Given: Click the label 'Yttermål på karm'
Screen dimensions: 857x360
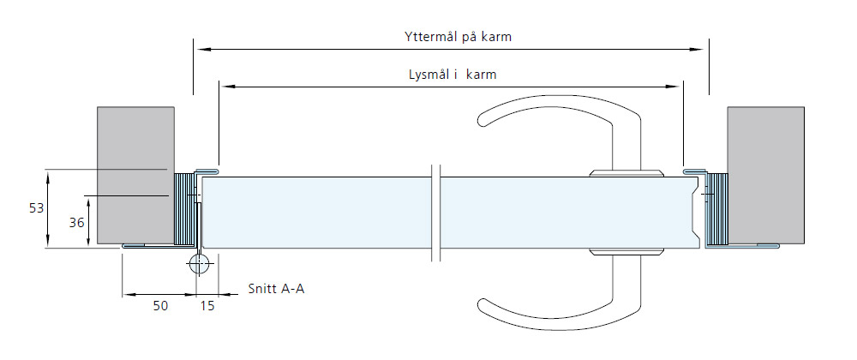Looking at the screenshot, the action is (458, 37).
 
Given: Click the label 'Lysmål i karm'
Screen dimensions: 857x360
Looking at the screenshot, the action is (452, 75).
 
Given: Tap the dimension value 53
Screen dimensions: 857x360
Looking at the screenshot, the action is (36, 208).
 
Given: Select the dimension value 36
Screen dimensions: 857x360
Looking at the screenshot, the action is (76, 222).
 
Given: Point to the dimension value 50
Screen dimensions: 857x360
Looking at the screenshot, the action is (160, 306).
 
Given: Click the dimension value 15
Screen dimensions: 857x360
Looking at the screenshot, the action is (207, 306).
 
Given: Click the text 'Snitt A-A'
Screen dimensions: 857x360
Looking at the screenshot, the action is (276, 289).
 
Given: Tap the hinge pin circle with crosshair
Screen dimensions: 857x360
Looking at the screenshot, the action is (199, 264).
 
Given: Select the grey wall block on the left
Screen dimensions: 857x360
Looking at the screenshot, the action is (135, 175).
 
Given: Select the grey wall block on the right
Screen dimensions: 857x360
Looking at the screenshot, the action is (765, 175).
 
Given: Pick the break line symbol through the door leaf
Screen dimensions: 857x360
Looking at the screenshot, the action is (435, 213).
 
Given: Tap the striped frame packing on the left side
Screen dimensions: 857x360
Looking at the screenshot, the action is (184, 208).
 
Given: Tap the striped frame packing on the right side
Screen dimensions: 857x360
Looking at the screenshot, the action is (718, 208).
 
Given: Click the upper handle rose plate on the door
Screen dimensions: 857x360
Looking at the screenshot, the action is (626, 173).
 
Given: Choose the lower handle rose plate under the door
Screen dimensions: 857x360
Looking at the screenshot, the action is (626, 252).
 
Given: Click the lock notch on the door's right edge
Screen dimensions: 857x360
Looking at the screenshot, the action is (696, 213).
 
